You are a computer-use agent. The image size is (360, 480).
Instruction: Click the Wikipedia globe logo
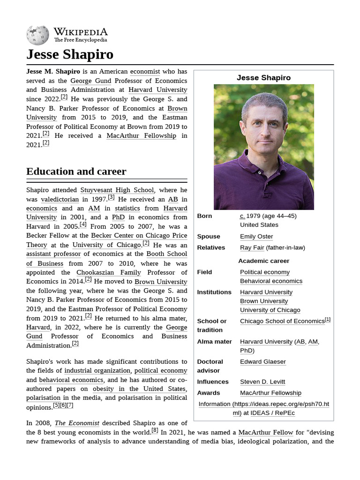click(37, 35)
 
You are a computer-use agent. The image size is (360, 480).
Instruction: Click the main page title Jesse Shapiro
click(70, 54)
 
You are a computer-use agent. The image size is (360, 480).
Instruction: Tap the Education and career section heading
click(76, 172)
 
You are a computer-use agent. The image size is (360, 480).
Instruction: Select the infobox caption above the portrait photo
click(263, 78)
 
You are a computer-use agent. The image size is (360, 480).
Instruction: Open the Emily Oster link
click(256, 236)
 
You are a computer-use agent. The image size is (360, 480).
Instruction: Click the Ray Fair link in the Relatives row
click(252, 247)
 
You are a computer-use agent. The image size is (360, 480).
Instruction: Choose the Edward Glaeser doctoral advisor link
click(262, 361)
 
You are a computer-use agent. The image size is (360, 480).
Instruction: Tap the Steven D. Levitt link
click(262, 382)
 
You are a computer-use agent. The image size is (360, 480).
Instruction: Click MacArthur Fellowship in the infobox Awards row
click(270, 393)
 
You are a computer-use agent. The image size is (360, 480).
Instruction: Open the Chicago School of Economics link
click(282, 321)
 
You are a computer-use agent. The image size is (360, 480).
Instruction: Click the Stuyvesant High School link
click(117, 190)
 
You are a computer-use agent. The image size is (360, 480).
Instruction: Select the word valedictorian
click(60, 199)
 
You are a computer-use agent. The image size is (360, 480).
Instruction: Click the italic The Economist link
click(77, 423)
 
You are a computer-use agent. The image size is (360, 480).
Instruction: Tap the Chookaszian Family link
click(109, 272)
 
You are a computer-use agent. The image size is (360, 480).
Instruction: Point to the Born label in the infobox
click(204, 216)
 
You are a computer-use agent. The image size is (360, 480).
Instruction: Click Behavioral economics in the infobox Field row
click(271, 281)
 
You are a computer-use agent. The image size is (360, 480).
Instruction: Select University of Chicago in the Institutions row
click(270, 310)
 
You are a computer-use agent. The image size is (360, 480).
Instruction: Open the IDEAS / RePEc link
click(272, 413)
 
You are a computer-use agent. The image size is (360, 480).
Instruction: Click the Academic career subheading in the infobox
click(263, 261)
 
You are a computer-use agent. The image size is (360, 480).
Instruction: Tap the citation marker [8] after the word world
click(155, 431)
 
